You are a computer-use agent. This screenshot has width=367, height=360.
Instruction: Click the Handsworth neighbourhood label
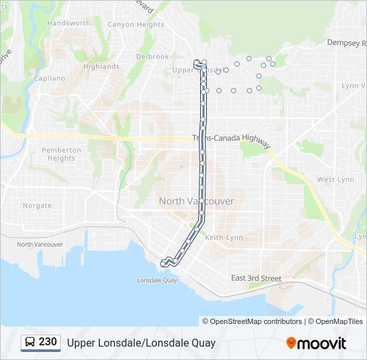coord(69,23)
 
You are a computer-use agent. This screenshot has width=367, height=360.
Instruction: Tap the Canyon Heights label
coord(135,25)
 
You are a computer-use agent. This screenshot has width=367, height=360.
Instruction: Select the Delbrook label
coord(152,57)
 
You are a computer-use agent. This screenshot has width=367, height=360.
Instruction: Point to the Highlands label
coord(101,67)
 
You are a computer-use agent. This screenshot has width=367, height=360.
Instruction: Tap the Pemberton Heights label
coord(61,154)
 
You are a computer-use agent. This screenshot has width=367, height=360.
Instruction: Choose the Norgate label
coord(37,205)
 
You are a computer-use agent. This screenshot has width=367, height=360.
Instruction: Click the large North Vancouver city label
coord(196,201)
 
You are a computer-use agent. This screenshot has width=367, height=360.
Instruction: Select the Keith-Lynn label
coord(224,237)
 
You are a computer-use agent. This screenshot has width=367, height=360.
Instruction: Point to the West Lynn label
coord(335,179)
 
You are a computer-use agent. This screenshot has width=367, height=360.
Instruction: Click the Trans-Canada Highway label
coord(231,141)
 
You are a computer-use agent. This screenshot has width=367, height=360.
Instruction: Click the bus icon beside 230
coord(31,343)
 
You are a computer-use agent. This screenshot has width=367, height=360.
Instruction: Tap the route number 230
coord(47,342)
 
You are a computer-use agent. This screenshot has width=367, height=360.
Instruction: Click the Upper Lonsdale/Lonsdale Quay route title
coord(141,343)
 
